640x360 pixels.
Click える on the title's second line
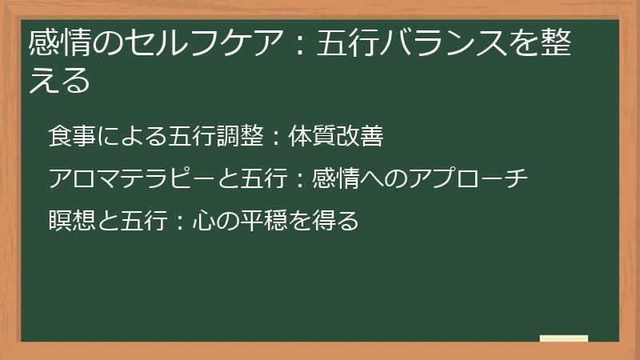tap(59, 81)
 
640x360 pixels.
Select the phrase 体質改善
tap(336, 137)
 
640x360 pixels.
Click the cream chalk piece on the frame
tap(563, 339)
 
